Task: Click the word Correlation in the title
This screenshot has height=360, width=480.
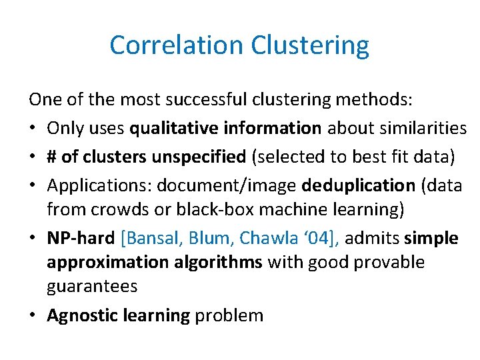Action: pyautogui.click(x=177, y=45)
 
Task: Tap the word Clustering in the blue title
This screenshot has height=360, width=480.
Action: pyautogui.click(x=310, y=45)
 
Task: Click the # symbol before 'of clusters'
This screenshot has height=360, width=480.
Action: pyautogui.click(x=52, y=156)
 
